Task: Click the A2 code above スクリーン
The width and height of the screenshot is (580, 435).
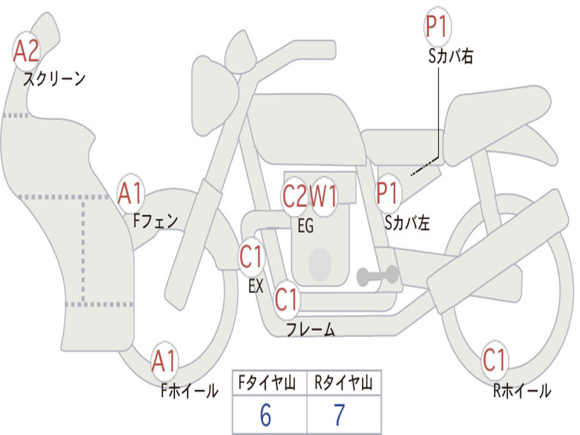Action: (26, 51)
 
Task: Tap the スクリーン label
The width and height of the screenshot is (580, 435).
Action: (54, 79)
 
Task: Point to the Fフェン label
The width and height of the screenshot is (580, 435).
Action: (156, 220)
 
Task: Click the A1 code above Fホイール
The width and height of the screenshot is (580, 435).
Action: (164, 361)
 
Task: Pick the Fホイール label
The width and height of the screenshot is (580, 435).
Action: (189, 390)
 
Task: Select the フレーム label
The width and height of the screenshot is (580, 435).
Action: (310, 330)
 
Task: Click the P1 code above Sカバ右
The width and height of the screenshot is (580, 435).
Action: (437, 27)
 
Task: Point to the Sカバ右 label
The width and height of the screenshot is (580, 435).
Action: (451, 57)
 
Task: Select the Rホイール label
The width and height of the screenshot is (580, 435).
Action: (522, 391)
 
